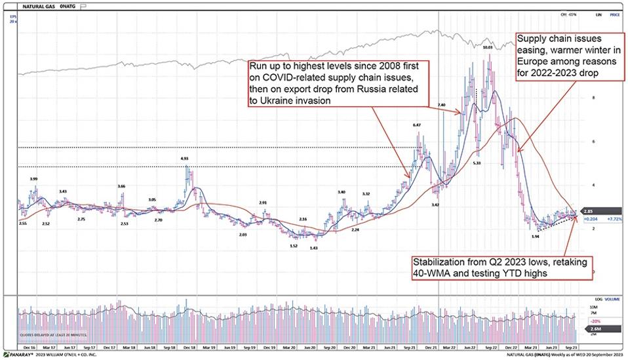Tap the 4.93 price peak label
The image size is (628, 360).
[x=186, y=158]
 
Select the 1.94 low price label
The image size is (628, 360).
[x=535, y=236]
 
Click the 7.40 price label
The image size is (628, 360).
[x=442, y=105]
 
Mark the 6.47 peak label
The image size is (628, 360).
[x=417, y=125]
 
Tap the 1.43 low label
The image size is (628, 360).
[x=314, y=249]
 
